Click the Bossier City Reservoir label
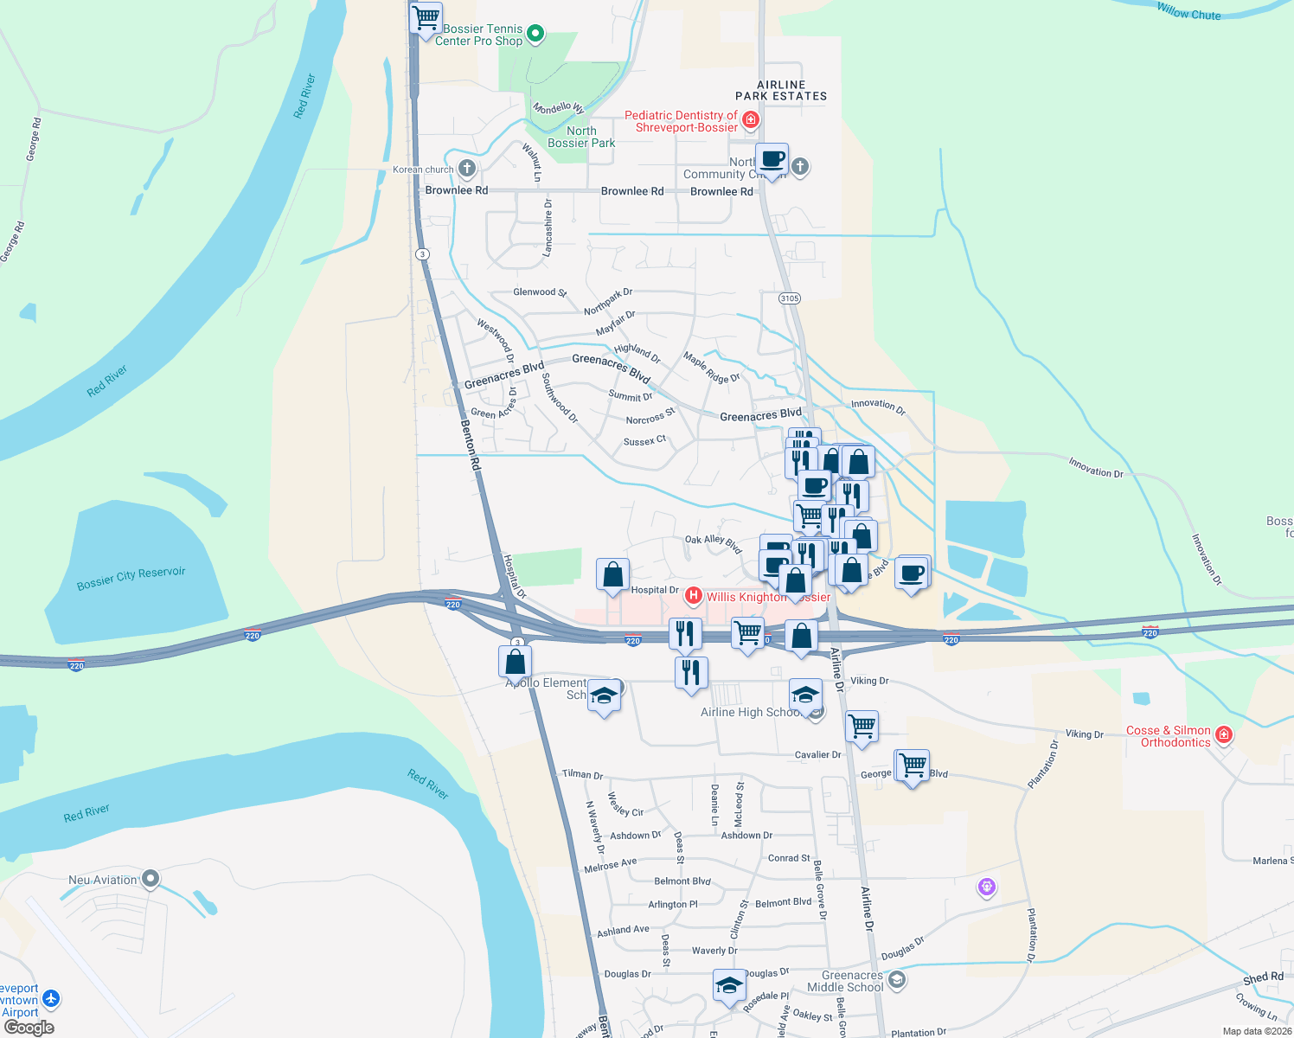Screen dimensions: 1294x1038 131,579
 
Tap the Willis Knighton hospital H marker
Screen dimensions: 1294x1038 693,596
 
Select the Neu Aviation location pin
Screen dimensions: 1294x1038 151,880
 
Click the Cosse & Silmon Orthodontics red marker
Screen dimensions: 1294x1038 1223,735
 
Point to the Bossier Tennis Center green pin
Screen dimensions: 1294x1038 535,34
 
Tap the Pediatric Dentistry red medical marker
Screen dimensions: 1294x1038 750,119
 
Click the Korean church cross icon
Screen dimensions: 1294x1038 467,168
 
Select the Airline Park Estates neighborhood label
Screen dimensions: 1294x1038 781,91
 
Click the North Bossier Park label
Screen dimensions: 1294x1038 581,137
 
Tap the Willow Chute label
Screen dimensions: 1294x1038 1188,11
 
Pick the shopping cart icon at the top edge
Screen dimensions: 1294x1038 426,17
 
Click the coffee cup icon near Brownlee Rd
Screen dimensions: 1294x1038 772,160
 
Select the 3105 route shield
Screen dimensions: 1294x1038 789,298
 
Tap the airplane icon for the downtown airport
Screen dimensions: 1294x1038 51,999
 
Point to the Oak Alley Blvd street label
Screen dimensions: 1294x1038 714,543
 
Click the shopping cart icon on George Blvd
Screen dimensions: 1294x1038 912,766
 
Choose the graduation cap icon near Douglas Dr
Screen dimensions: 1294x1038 729,985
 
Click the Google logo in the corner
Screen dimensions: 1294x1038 29,1028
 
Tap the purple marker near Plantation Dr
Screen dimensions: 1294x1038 987,887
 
